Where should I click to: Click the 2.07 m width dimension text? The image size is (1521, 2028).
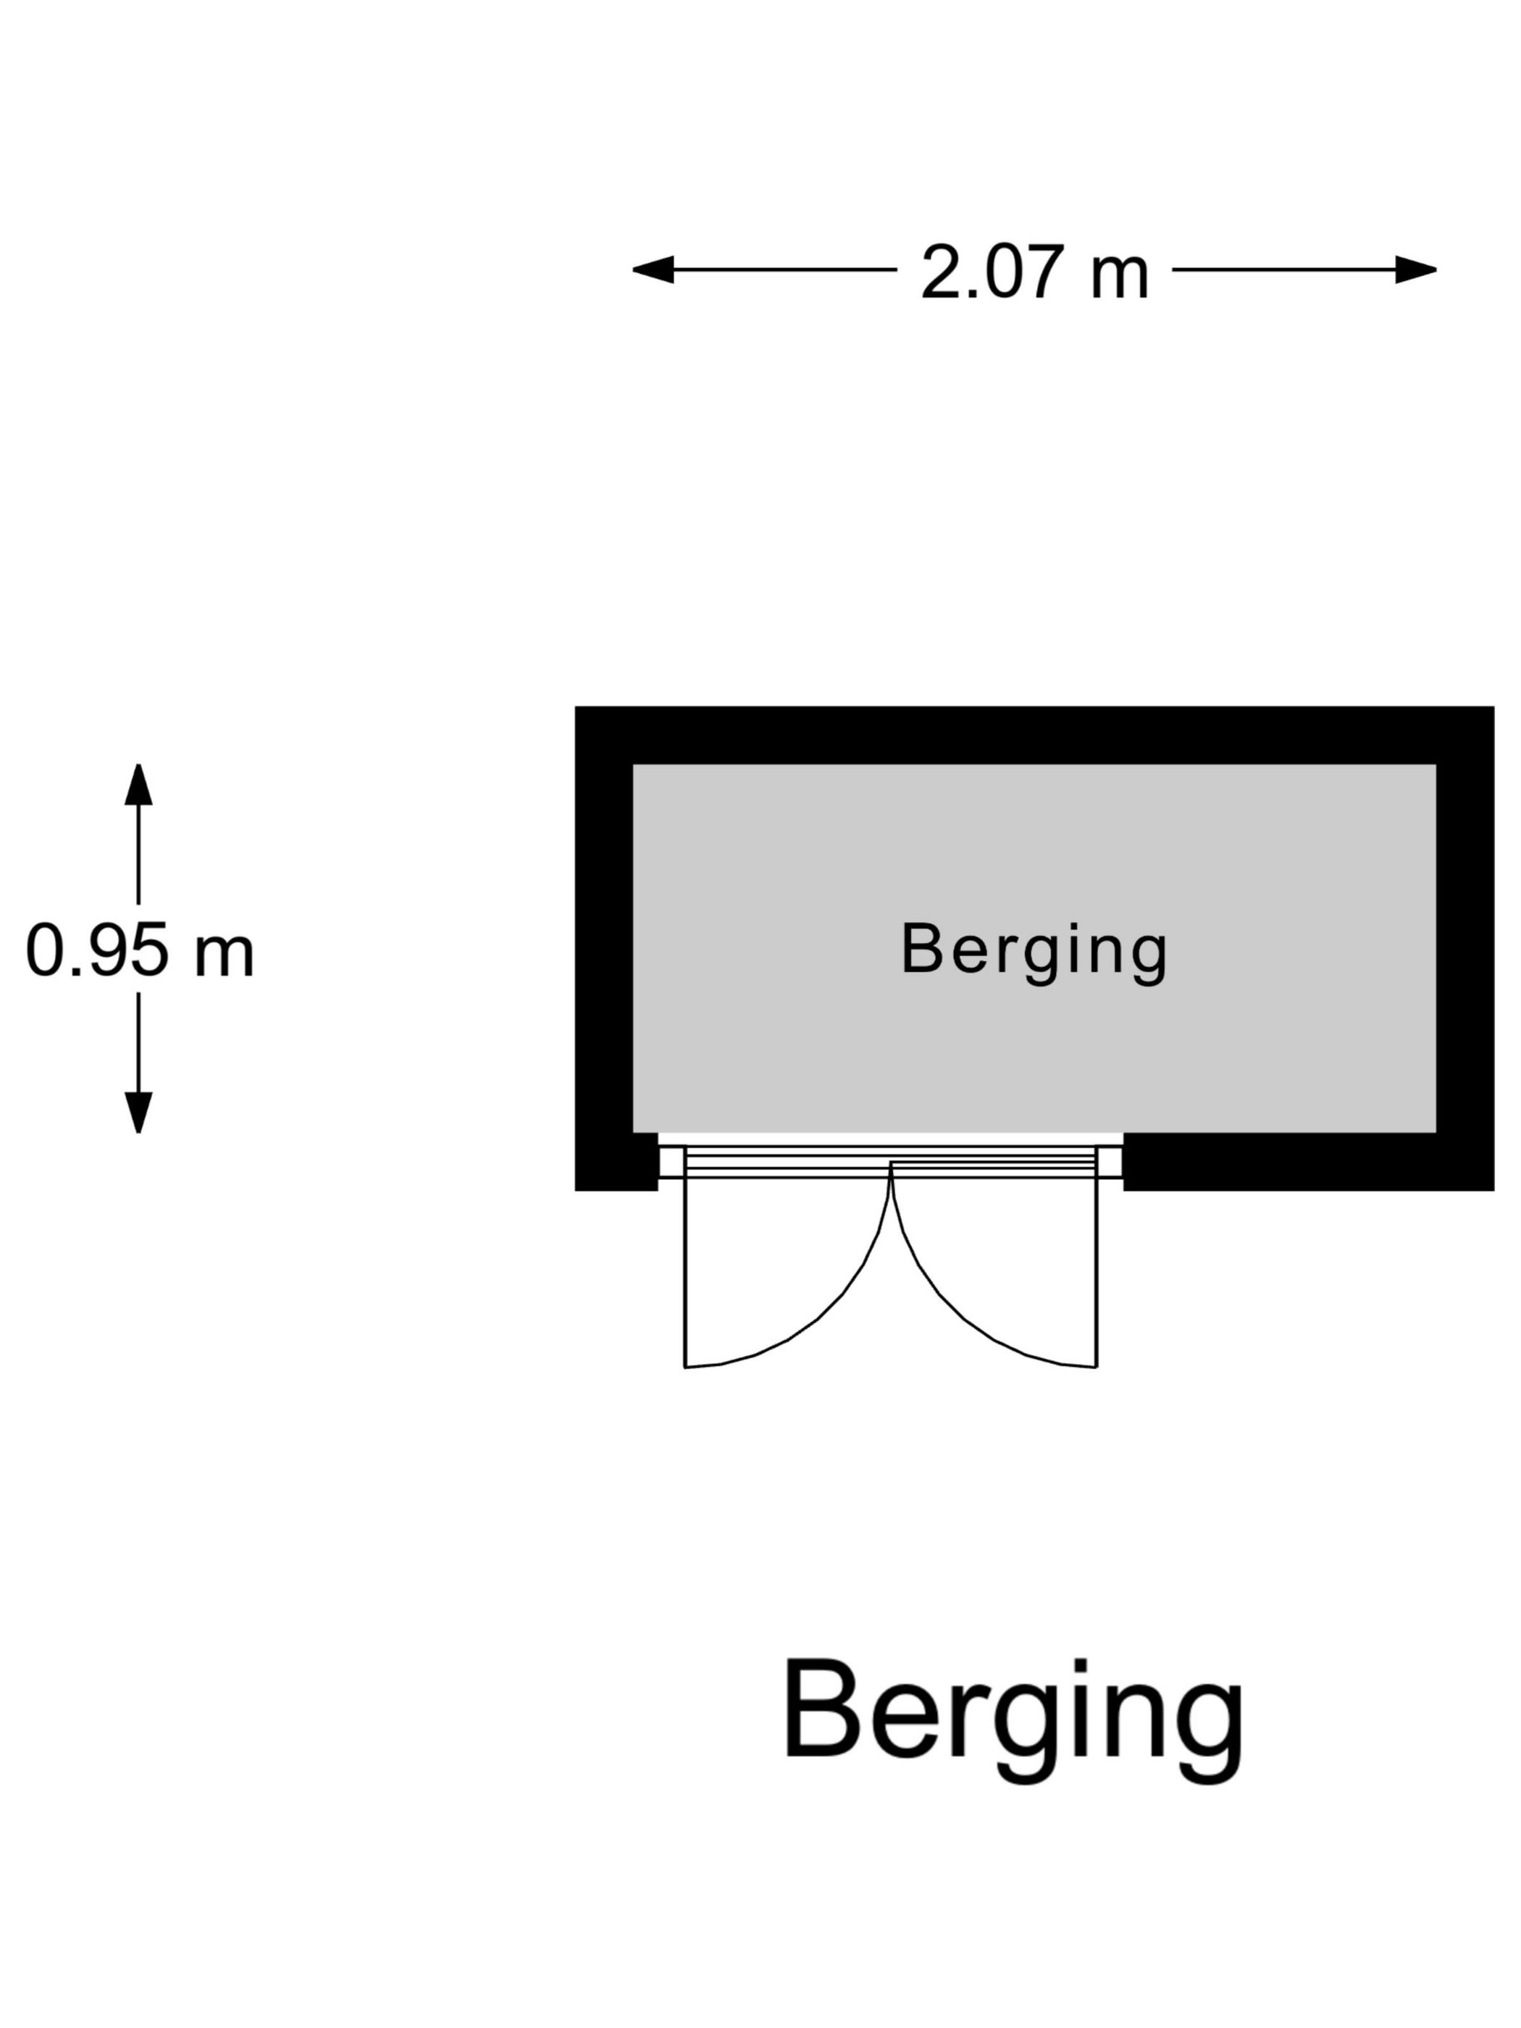[1034, 272]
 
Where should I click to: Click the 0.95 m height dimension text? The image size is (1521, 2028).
[139, 951]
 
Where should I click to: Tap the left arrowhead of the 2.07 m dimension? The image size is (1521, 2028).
[653, 269]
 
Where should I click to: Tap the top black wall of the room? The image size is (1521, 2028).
[1034, 735]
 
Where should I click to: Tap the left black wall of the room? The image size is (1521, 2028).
[603, 948]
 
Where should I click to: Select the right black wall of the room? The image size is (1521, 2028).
[1465, 948]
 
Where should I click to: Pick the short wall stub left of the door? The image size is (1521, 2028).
[616, 1162]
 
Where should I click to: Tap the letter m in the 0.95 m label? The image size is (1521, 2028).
[225, 959]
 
